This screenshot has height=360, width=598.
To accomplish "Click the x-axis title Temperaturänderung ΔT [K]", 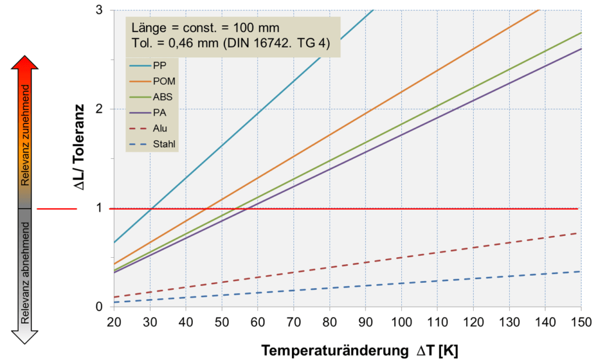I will tap(359, 350).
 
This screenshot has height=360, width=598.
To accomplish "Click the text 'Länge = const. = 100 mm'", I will tap(206, 27).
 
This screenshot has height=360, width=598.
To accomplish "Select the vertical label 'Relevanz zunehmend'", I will tap(25, 134).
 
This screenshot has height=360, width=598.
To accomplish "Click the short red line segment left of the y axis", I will tap(57, 209).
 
